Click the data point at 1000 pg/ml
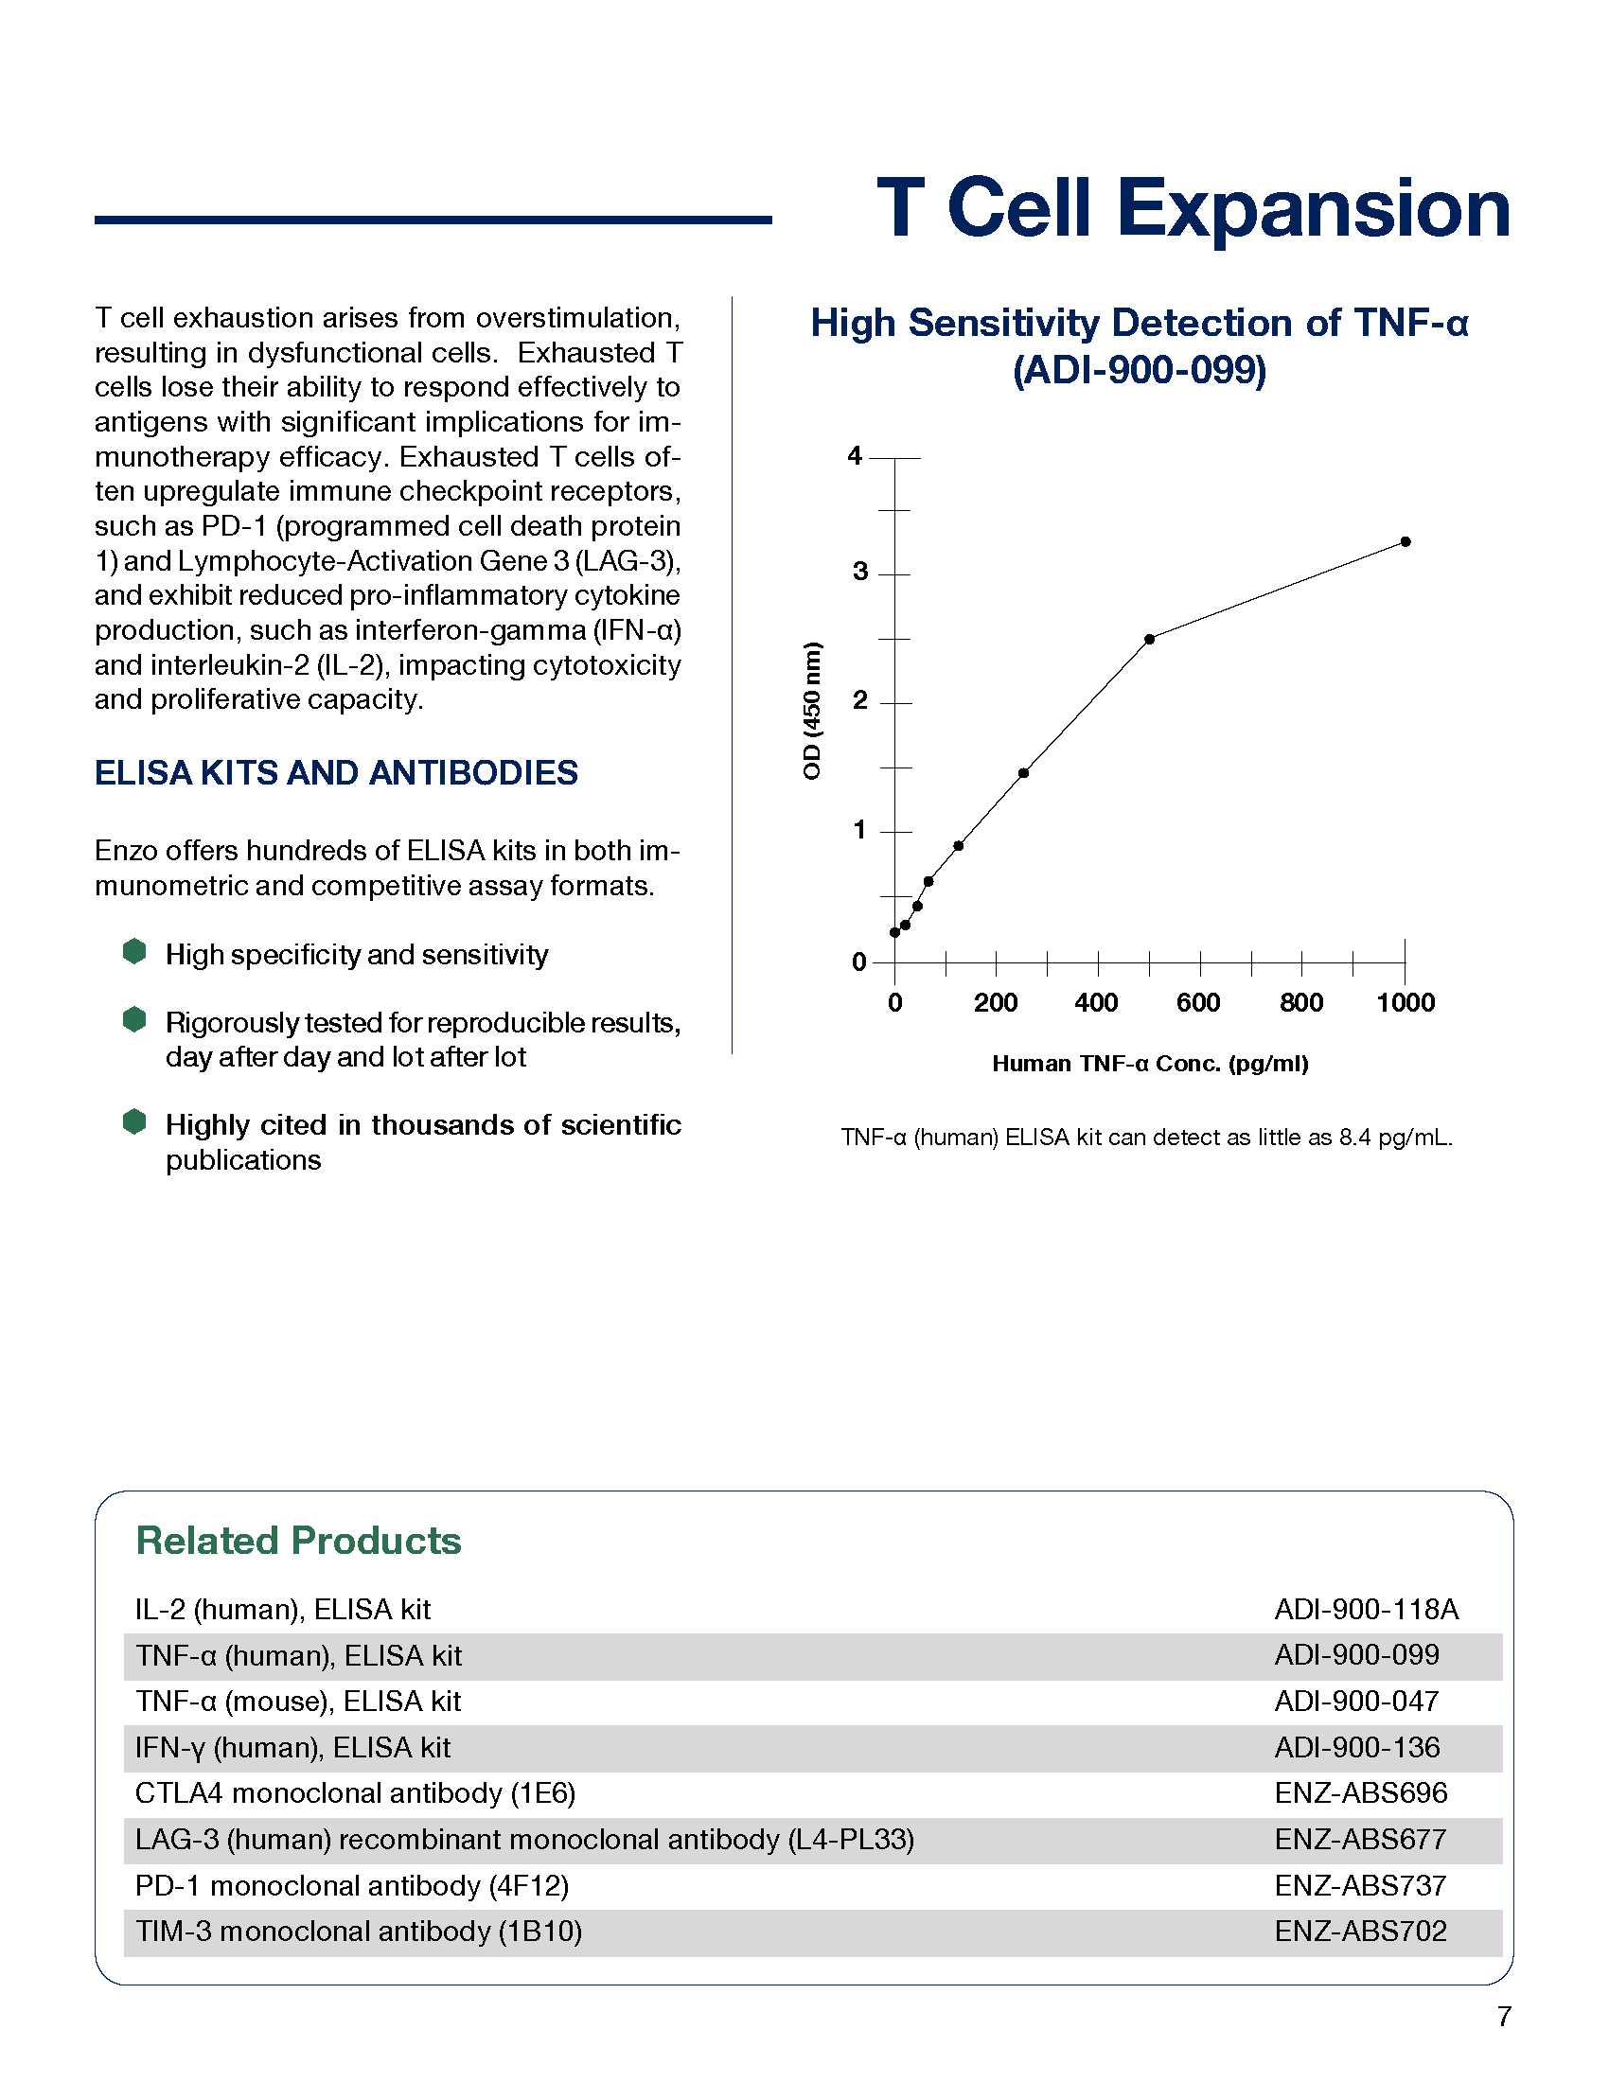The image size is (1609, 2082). point(1405,541)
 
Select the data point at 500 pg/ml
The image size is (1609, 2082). point(1150,639)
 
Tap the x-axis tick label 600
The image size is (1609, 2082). point(1198,1003)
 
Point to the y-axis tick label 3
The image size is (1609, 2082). point(859,572)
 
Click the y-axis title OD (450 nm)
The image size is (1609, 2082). point(811,710)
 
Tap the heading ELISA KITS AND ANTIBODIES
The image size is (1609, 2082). point(336,772)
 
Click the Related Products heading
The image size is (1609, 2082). point(298,1542)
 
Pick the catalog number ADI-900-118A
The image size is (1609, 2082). point(1366,1609)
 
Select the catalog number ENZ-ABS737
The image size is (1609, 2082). point(1360,1884)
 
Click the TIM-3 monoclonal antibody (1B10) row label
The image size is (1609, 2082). point(359,1931)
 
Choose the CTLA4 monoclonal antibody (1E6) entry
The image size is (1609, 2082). point(355,1793)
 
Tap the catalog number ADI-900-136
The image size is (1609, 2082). point(1356,1747)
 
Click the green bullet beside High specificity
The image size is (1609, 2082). point(134,951)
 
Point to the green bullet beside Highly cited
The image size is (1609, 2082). point(134,1121)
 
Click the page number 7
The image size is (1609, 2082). point(1503,2016)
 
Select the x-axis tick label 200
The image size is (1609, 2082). point(995,1003)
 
